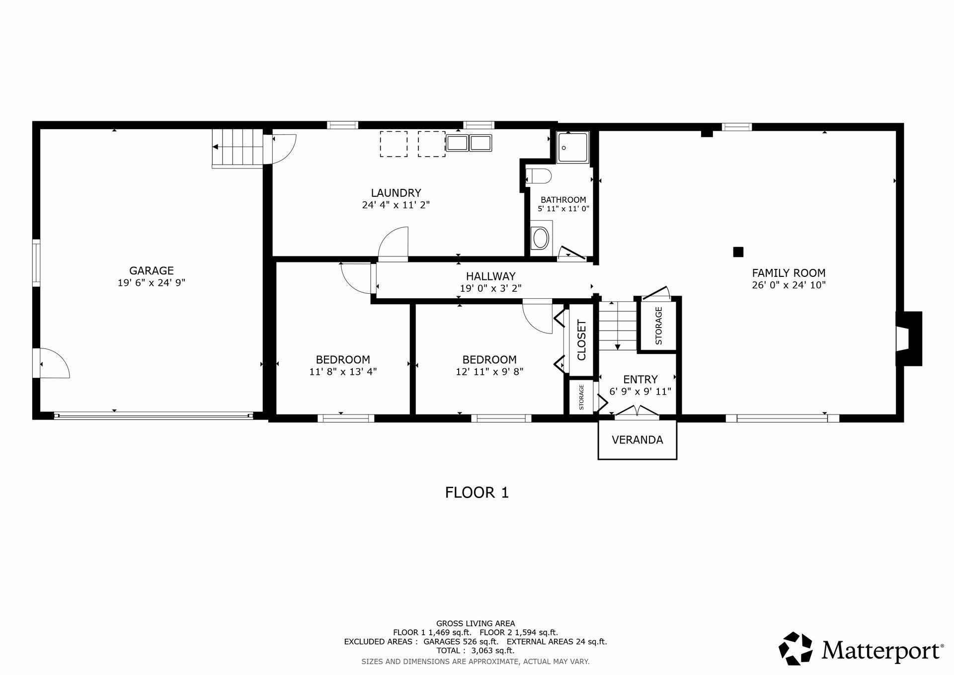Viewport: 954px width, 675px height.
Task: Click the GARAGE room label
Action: pos(151,271)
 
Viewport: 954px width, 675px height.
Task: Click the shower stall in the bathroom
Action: pos(572,147)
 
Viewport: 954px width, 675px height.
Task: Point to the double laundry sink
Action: pos(469,143)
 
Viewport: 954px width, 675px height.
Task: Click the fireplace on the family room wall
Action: pos(908,339)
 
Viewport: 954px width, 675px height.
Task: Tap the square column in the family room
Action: pos(738,252)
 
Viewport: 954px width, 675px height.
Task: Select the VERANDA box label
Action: pos(637,440)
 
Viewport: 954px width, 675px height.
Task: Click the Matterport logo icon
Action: pos(795,648)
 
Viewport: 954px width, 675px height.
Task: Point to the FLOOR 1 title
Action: pos(477,493)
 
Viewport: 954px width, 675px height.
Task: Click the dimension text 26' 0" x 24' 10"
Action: pos(789,285)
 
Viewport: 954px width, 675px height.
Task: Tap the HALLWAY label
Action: pos(490,276)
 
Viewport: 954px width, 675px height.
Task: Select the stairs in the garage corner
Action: pos(237,147)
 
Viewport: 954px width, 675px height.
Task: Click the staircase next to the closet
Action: pos(617,326)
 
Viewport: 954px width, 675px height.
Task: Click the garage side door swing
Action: pos(52,363)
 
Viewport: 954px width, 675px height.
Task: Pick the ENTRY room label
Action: pos(640,379)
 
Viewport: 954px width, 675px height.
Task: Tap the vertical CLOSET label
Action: pos(581,340)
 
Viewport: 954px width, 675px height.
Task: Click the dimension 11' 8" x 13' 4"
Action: pos(343,372)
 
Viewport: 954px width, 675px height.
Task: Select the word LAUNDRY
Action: pos(396,193)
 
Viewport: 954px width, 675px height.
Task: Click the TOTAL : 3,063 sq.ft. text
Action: pos(475,650)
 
